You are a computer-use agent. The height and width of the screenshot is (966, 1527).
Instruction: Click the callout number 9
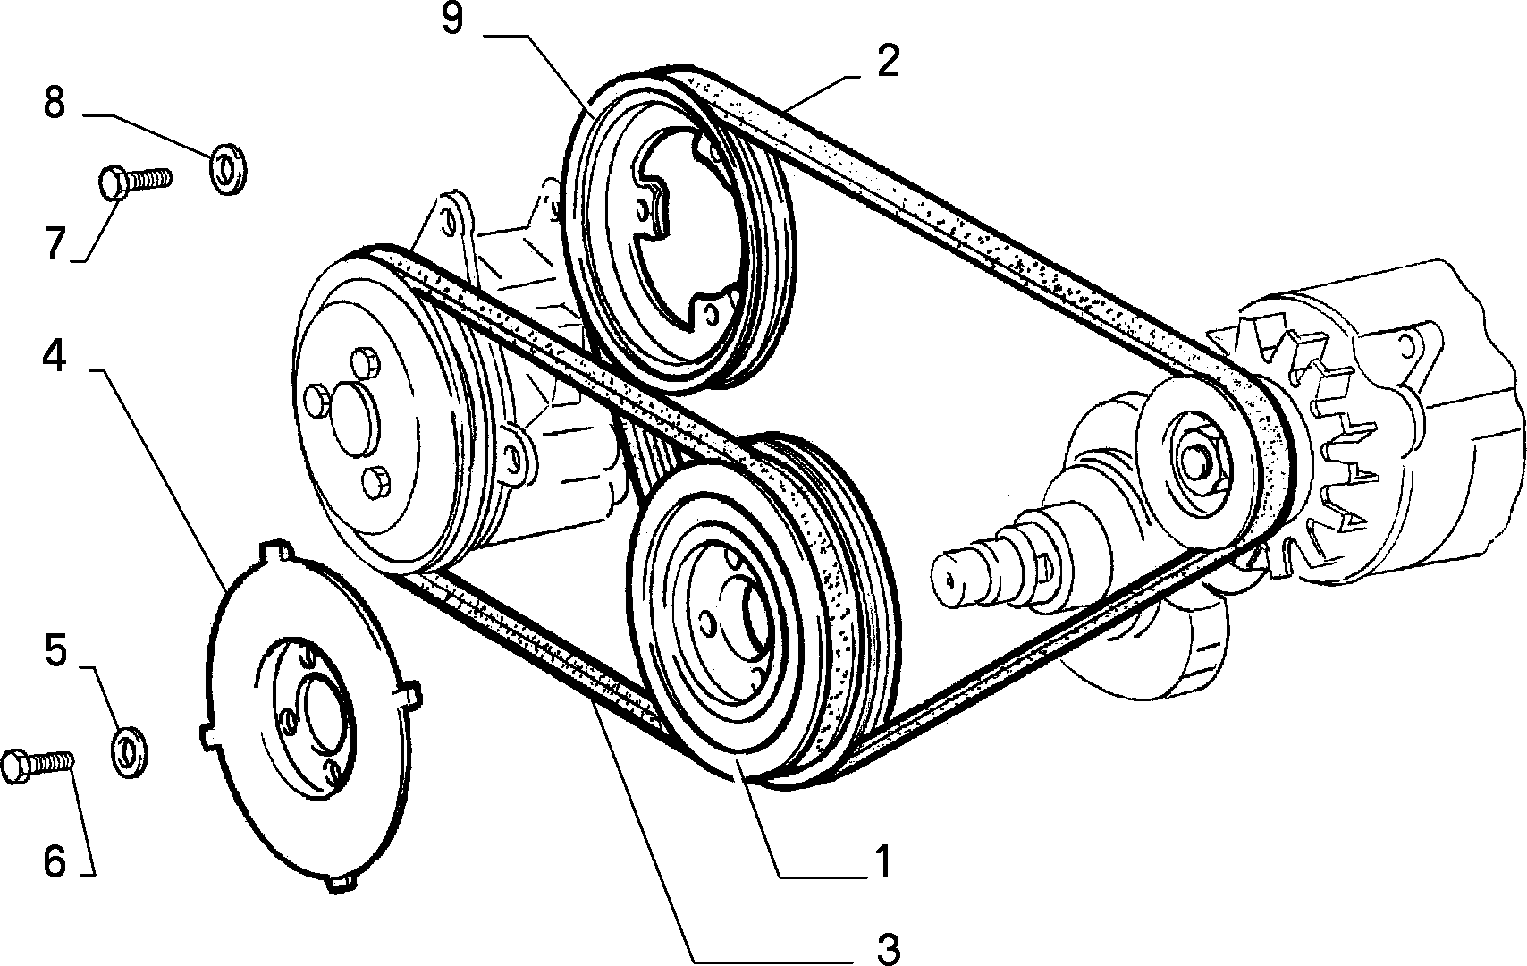[x=452, y=19]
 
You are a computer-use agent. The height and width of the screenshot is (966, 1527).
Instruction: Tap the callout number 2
[x=889, y=62]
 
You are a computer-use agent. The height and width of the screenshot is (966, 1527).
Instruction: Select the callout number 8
[x=55, y=103]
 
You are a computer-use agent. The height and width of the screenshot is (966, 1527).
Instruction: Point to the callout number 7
[x=56, y=243]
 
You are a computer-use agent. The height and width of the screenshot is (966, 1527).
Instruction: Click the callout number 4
[x=55, y=357]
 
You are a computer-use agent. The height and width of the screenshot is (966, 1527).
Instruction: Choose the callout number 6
[x=55, y=861]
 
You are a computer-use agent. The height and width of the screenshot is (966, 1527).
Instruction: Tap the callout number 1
[x=882, y=862]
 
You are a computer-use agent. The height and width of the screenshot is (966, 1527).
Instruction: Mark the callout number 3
[x=888, y=947]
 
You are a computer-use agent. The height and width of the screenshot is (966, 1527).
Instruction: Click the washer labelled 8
[x=227, y=168]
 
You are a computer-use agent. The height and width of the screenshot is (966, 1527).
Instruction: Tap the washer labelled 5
[x=129, y=752]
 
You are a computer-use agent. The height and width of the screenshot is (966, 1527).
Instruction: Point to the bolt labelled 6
[x=38, y=766]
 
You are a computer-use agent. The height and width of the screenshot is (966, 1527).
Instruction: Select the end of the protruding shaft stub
[x=950, y=580]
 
